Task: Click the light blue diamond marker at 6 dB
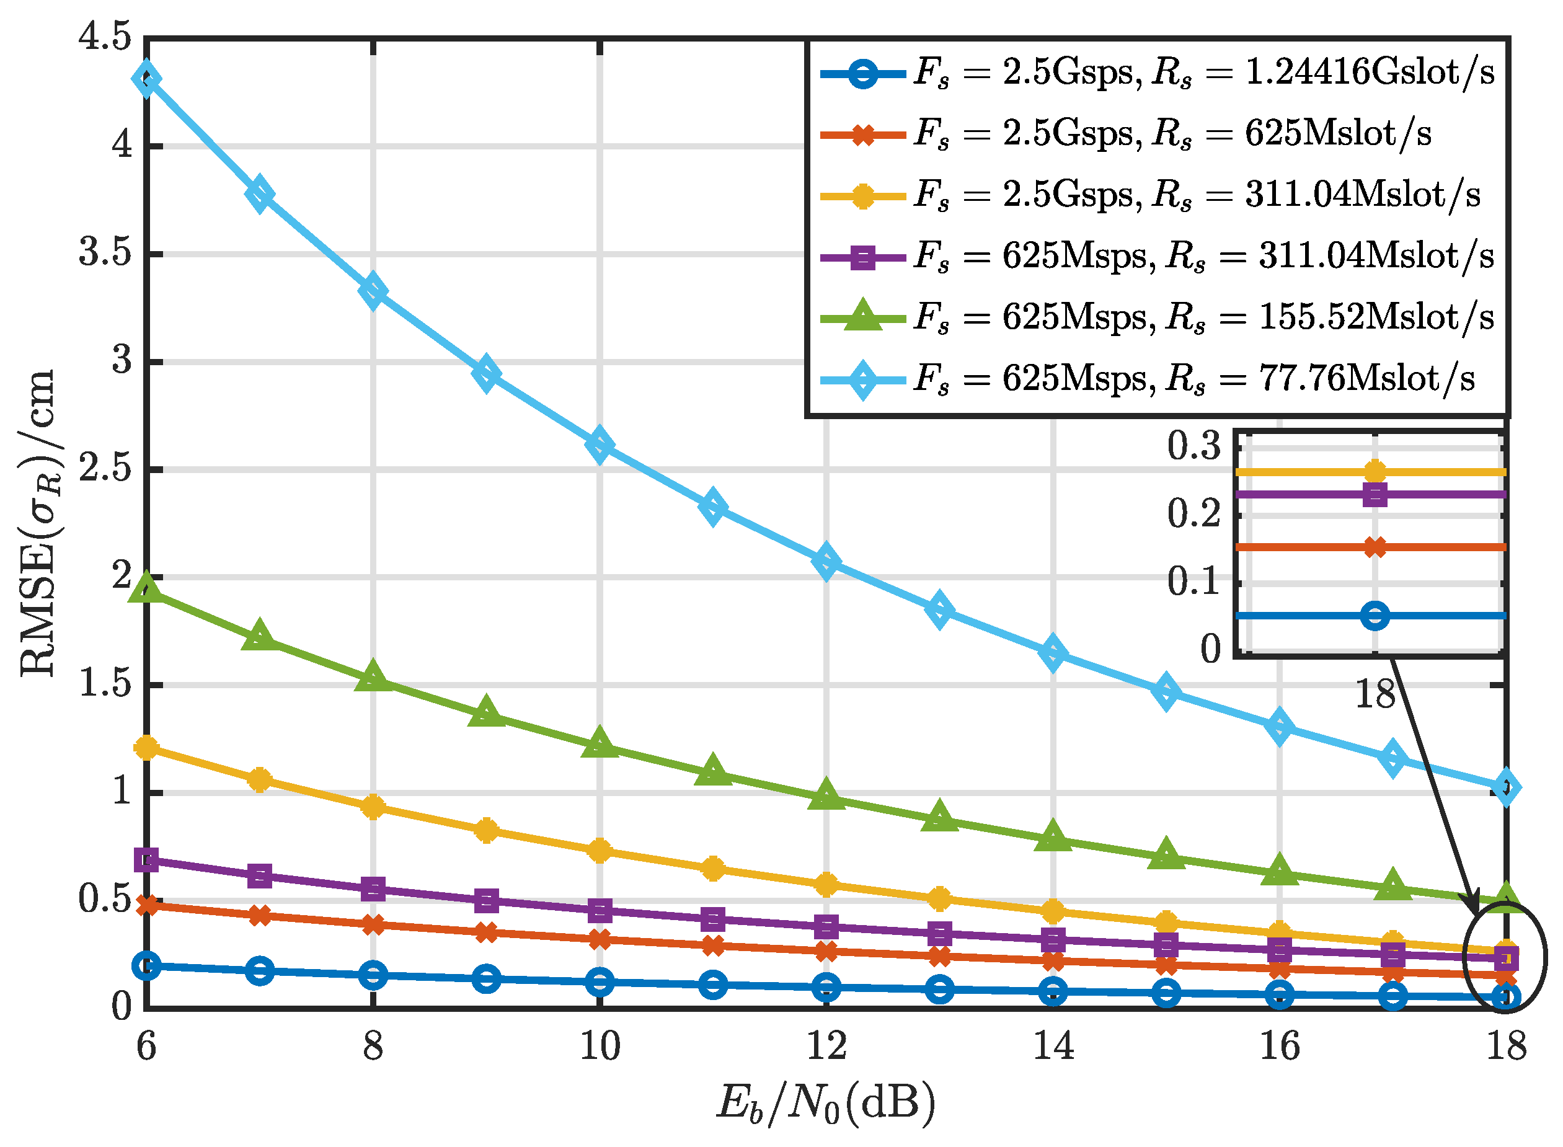coord(146,79)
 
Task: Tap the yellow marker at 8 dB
coord(373,807)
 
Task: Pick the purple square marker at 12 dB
coord(826,926)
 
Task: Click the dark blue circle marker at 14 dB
coord(1053,992)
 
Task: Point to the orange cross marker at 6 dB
coord(146,905)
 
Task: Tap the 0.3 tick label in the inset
coord(1193,446)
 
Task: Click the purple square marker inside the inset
coord(1375,495)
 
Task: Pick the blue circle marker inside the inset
coord(1375,616)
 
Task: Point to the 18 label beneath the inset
coord(1374,694)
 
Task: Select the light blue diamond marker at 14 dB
coord(1053,653)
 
